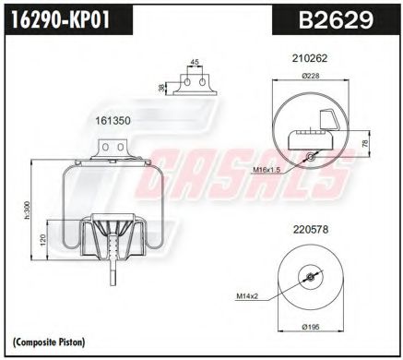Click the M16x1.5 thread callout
(268, 170)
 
